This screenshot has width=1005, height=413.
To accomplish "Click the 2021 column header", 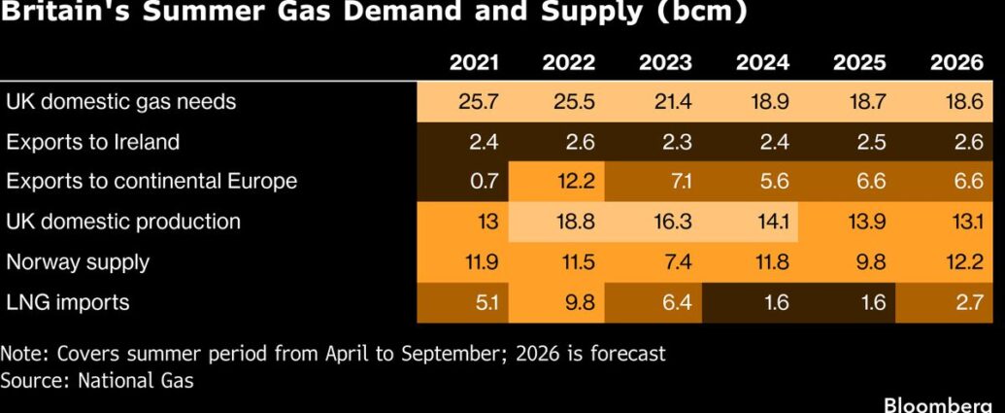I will click(474, 63).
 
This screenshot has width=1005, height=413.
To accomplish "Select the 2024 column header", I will click(762, 63).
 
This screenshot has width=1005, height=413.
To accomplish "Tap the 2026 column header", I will click(956, 63).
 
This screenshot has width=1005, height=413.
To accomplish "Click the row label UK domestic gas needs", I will click(120, 101).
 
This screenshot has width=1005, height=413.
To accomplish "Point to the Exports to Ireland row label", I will click(92, 142).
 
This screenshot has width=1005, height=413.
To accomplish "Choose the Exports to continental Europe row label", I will click(151, 182).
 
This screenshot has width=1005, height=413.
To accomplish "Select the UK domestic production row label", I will click(123, 222).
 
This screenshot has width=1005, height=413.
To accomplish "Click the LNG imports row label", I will click(67, 302).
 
